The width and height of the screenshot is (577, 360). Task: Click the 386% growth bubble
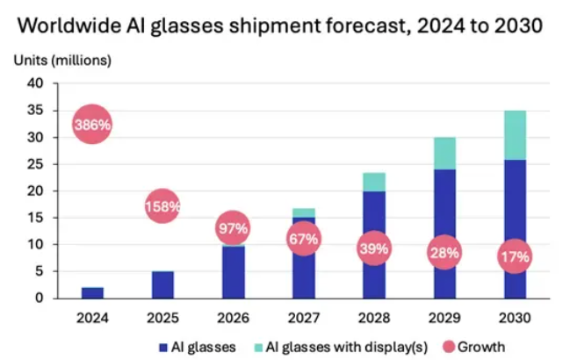tap(92, 125)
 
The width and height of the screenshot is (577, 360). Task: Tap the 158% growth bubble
tap(162, 206)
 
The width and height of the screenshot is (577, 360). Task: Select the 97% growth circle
tap(233, 228)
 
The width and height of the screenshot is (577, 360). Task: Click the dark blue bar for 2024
tap(92, 292)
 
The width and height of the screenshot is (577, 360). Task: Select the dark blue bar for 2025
tap(162, 284)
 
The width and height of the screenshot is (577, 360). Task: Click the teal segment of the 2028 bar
tap(374, 183)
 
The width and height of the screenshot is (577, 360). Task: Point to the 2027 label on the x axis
tap(304, 316)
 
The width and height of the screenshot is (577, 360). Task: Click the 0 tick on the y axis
tap(39, 299)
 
